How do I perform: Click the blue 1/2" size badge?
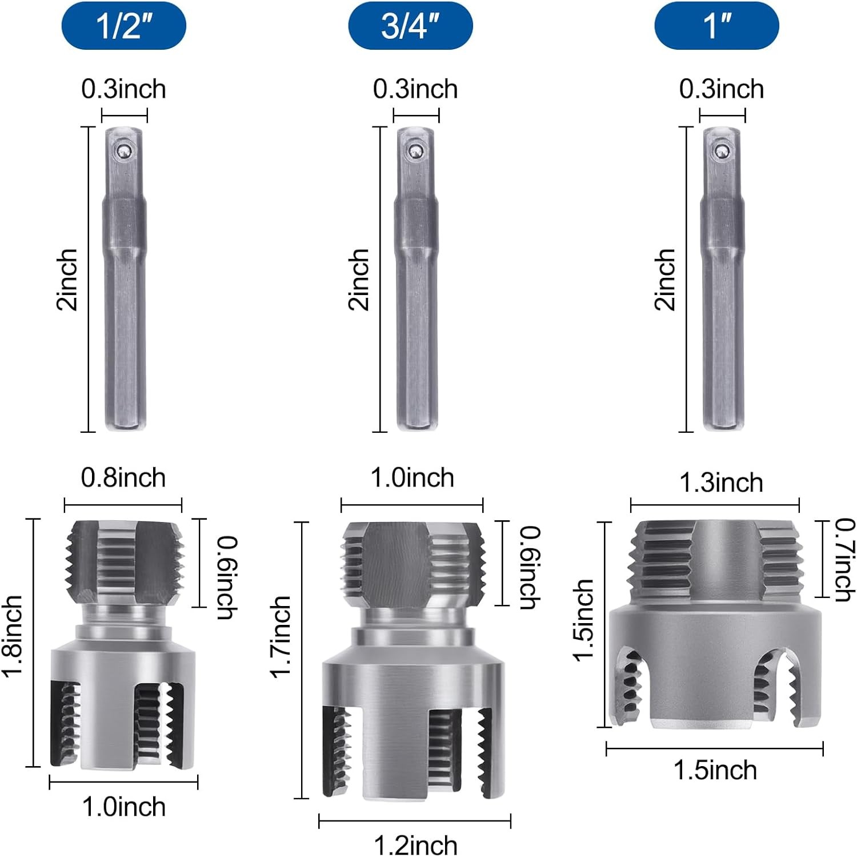click(x=124, y=26)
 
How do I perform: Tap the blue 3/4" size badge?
click(x=411, y=26)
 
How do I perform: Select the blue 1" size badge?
click(x=716, y=26)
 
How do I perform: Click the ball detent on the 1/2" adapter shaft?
click(x=122, y=150)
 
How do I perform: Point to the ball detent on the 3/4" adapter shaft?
click(x=415, y=150)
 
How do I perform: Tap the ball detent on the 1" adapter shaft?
click(x=720, y=150)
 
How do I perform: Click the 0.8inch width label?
click(x=123, y=477)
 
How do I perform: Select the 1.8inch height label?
click(x=12, y=636)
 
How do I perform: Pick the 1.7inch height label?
click(x=281, y=637)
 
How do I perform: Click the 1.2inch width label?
click(x=416, y=845)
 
